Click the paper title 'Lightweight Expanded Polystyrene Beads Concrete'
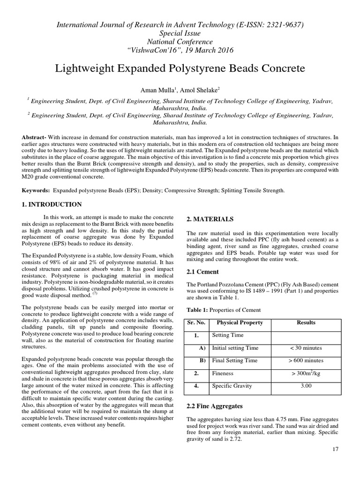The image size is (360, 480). tap(180, 68)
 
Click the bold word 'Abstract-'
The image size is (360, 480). tap(36, 136)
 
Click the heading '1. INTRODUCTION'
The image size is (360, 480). tap(52, 204)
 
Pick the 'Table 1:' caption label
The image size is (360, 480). tap(198, 310)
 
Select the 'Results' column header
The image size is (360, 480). tap(306, 322)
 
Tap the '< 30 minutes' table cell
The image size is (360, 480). tap(306, 348)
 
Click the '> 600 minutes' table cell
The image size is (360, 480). tap(306, 360)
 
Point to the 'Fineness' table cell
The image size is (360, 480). tap(223, 374)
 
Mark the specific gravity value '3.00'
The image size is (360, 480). tap(306, 386)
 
